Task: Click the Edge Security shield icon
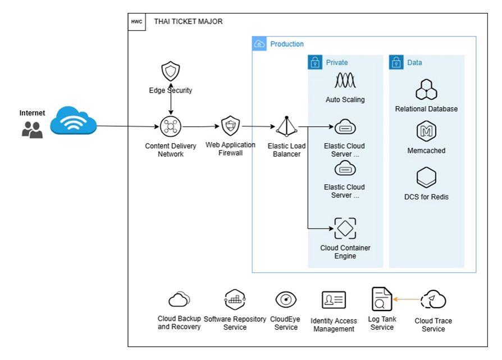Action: tap(170, 71)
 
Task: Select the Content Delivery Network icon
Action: tap(171, 126)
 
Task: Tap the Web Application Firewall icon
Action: tap(231, 126)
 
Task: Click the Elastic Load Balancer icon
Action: tap(286, 126)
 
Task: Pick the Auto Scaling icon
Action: tap(345, 80)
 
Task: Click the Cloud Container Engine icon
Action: tap(345, 229)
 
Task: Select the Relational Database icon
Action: tap(426, 89)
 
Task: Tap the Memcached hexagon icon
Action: tap(426, 131)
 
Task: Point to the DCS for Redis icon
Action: tap(426, 177)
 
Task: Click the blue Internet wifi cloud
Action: tap(74, 121)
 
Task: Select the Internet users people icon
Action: tap(32, 130)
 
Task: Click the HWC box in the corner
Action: tap(136, 22)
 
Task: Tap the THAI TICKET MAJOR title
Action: tap(188, 21)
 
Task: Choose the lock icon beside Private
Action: tap(315, 62)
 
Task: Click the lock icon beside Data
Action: tap(396, 62)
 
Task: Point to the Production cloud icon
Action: tap(259, 44)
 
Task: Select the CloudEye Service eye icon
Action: tap(286, 300)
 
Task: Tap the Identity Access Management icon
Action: tap(334, 300)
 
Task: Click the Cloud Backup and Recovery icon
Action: tap(179, 299)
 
